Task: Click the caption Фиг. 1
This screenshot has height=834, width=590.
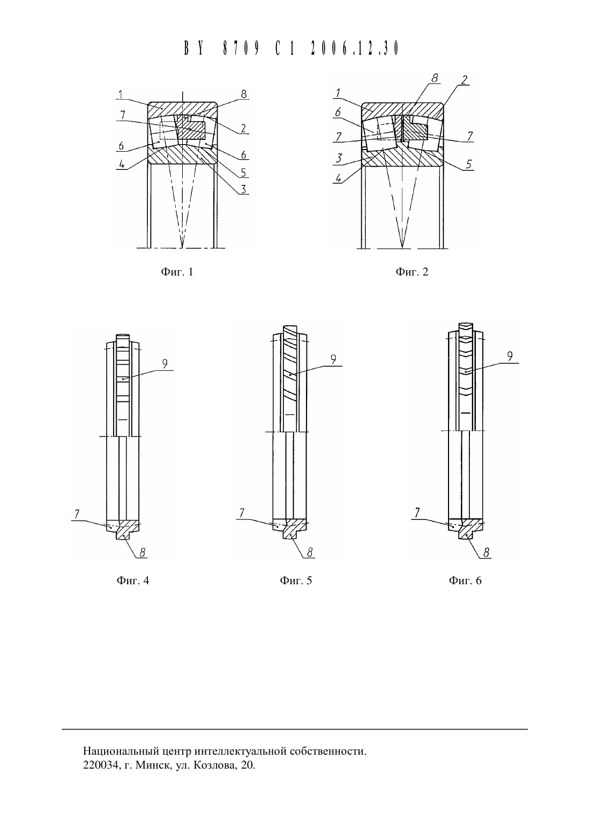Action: (x=177, y=272)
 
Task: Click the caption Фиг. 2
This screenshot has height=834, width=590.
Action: (x=412, y=272)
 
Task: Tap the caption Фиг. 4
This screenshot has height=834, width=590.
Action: (x=132, y=580)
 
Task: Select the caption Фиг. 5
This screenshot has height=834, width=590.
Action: (x=296, y=580)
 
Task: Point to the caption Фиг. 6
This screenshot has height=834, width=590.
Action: (x=465, y=580)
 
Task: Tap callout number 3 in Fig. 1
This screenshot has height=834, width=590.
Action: (x=243, y=189)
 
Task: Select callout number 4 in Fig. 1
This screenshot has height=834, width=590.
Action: (x=122, y=164)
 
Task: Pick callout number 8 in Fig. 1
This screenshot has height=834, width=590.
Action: (x=243, y=94)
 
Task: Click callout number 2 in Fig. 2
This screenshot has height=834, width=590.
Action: (x=464, y=80)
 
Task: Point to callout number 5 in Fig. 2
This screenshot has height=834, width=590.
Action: (x=469, y=164)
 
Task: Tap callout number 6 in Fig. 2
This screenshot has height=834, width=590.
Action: (x=338, y=113)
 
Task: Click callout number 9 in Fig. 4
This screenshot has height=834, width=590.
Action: (x=165, y=364)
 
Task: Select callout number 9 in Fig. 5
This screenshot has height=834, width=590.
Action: (x=333, y=359)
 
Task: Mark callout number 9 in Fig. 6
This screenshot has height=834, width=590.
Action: (x=510, y=356)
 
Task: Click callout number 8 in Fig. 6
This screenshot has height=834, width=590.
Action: (x=486, y=553)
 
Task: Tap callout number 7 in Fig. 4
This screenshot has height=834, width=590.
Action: (x=77, y=514)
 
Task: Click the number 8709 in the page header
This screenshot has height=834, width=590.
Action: (x=241, y=48)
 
